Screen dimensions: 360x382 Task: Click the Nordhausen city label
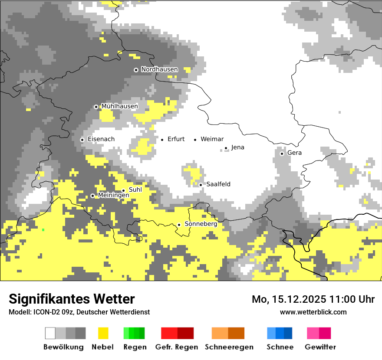coord(159,69)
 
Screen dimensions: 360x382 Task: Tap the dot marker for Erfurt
coord(162,140)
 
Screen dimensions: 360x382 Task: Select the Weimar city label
coord(212,139)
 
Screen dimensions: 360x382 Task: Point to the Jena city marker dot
coord(226,148)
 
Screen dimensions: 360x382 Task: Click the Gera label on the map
coord(294,153)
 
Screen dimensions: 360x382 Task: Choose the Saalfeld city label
coord(218,184)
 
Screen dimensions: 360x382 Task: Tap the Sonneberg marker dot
coord(179,225)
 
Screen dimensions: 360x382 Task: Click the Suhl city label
coord(135,190)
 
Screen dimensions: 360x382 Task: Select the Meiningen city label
coord(113,196)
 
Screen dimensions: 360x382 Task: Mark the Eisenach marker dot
coord(82,140)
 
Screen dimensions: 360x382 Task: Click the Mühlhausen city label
coord(119,106)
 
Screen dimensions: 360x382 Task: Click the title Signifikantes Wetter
coord(72,299)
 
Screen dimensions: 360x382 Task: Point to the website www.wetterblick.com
coord(313,312)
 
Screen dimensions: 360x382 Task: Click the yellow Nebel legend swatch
coord(103,333)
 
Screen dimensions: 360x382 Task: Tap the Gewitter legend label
coord(320,347)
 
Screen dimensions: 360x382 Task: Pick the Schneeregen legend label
coord(229,347)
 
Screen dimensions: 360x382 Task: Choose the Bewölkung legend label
coord(63,347)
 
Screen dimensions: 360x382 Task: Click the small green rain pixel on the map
coord(43,229)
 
